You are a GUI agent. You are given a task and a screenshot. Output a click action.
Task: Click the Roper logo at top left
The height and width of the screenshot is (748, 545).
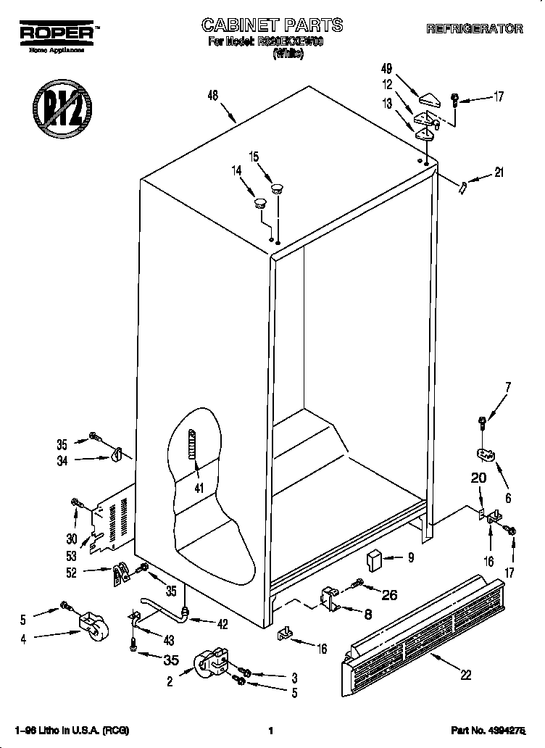55,35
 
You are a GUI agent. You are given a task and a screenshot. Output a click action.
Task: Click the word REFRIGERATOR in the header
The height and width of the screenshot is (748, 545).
474,29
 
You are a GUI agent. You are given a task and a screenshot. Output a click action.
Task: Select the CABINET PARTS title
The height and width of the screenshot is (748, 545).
272,25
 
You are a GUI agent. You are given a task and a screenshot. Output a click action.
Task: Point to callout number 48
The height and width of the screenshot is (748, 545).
212,95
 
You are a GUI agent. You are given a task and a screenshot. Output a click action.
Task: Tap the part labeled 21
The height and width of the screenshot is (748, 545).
462,188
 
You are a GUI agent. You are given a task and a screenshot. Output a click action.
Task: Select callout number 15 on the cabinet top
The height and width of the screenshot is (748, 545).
254,157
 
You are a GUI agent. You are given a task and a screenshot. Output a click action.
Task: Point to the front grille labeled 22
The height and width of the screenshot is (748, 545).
420,623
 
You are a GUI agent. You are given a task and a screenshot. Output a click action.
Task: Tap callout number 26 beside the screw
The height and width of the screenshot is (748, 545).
389,596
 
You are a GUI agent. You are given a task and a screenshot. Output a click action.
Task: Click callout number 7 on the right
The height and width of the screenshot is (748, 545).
507,386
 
